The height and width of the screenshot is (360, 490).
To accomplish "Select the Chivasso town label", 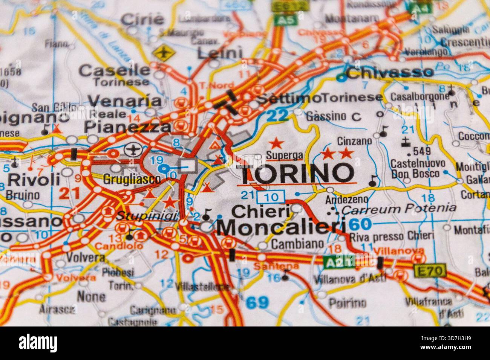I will [390, 72].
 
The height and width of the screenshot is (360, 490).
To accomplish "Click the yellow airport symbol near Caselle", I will [163, 53].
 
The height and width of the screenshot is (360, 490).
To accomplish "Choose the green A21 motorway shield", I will [339, 261].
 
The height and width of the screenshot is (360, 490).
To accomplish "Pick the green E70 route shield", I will [430, 270].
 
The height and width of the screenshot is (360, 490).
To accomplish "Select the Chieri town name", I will [260, 211].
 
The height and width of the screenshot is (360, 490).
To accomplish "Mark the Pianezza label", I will [127, 127].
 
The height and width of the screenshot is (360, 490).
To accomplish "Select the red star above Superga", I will [276, 143].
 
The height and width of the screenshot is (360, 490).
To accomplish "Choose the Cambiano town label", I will [297, 244].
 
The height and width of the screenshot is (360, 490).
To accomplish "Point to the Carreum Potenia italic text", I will [399, 208].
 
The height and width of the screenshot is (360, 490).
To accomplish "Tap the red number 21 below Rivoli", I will [70, 193].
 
